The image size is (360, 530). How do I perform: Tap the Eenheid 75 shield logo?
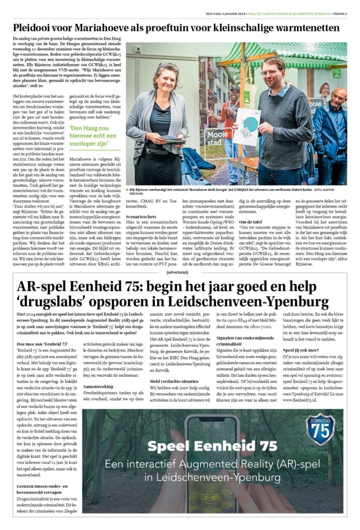tap(320, 429)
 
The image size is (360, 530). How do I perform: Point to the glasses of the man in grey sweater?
tap(272, 72)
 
